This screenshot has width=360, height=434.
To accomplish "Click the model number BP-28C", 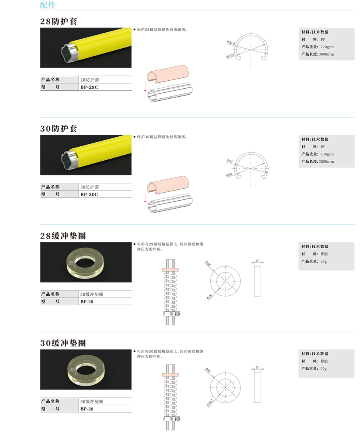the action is (x=89, y=87).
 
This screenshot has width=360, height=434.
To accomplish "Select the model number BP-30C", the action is (x=89, y=195).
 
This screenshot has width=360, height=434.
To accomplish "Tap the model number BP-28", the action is (x=87, y=302).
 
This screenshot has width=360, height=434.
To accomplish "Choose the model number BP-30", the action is (x=87, y=409).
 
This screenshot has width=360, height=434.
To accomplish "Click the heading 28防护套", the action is (x=59, y=21).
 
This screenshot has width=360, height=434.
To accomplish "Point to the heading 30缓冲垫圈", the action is (x=63, y=343).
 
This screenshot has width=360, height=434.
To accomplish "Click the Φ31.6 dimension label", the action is (x=231, y=43).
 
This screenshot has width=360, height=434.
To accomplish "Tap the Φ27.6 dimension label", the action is (x=230, y=56).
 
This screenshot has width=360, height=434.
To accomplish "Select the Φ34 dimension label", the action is (x=230, y=161).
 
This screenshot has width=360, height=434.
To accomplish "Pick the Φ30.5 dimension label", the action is (x=210, y=402).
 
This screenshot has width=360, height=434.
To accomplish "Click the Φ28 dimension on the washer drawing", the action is (x=210, y=297).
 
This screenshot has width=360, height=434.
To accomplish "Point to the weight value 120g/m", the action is (x=327, y=47).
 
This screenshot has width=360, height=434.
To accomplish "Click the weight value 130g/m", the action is (x=327, y=154).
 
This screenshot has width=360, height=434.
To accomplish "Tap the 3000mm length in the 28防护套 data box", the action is (x=326, y=54).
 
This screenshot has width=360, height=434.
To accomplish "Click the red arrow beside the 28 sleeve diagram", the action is (x=145, y=87).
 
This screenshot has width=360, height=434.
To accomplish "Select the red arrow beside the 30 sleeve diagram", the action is (x=145, y=198).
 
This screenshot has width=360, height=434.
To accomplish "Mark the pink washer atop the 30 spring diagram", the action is (x=170, y=375).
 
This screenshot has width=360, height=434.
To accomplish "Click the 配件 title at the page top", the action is (x=48, y=5).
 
